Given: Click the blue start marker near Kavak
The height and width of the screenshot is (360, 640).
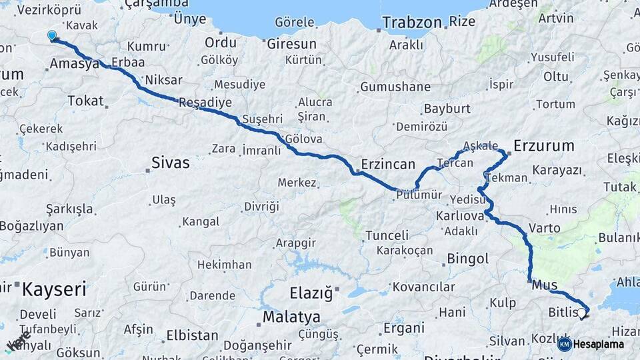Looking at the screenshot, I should [x=52, y=35].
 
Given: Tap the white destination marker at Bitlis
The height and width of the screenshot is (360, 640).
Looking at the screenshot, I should [x=581, y=313].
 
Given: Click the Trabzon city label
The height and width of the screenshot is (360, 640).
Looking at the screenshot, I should [x=412, y=22].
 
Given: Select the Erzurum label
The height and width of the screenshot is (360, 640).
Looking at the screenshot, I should [x=544, y=145].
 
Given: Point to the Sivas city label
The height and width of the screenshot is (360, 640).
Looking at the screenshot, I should [x=171, y=162].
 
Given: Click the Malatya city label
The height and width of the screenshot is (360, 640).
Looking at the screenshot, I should [x=291, y=317].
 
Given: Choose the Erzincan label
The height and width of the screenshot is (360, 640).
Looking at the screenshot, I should [x=388, y=163].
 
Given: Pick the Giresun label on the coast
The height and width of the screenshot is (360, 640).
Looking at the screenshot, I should [x=291, y=44].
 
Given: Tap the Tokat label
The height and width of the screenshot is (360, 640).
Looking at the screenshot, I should [x=86, y=101].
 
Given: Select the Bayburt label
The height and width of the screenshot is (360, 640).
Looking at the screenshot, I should [x=447, y=108].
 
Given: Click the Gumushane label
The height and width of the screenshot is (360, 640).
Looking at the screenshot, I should [x=395, y=87].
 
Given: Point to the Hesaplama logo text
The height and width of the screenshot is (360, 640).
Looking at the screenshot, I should [x=598, y=344].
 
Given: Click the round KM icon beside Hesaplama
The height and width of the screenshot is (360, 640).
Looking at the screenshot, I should [x=565, y=344].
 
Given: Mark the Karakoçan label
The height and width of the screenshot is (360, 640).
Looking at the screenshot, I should [x=405, y=251].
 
